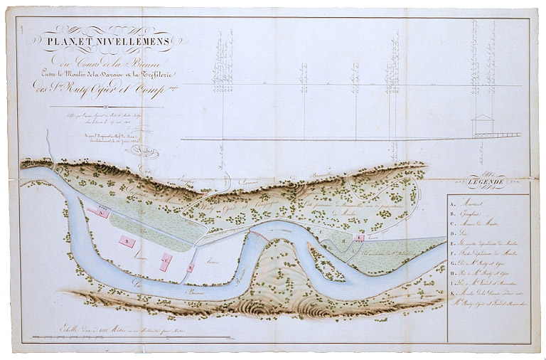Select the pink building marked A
click(101, 213)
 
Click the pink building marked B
click(127, 242)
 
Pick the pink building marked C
click(165, 262)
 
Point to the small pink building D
click(191, 268)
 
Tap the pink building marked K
click(360, 238)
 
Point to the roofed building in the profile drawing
click(483, 125)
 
